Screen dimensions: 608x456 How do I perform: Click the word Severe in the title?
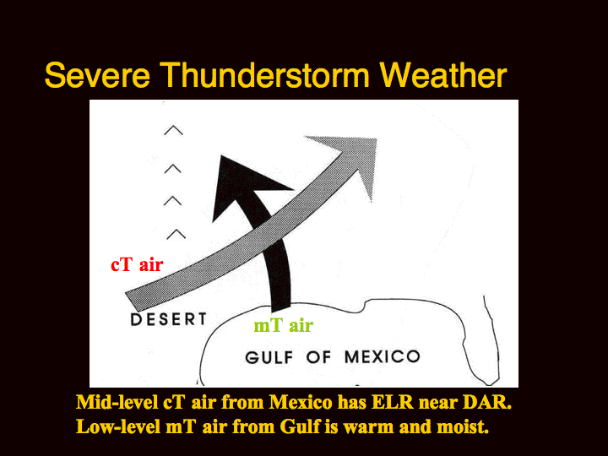click(x=97, y=75)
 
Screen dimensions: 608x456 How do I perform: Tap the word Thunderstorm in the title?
click(x=264, y=75)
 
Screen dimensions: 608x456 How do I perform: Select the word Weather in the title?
click(x=443, y=75)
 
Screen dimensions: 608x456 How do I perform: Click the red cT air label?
click(x=137, y=265)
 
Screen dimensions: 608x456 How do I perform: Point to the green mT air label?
click(x=283, y=325)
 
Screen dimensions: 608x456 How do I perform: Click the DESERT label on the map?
click(x=169, y=319)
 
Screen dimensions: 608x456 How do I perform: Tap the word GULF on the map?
click(x=269, y=357)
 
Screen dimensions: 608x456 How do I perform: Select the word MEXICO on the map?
click(x=383, y=356)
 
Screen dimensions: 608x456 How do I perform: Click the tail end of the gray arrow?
click(x=132, y=301)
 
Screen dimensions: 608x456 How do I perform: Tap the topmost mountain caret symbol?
click(x=173, y=130)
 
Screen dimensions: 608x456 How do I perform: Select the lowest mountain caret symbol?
click(x=176, y=234)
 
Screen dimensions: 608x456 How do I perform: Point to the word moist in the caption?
click(x=463, y=427)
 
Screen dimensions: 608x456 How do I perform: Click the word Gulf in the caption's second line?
click(x=299, y=426)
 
